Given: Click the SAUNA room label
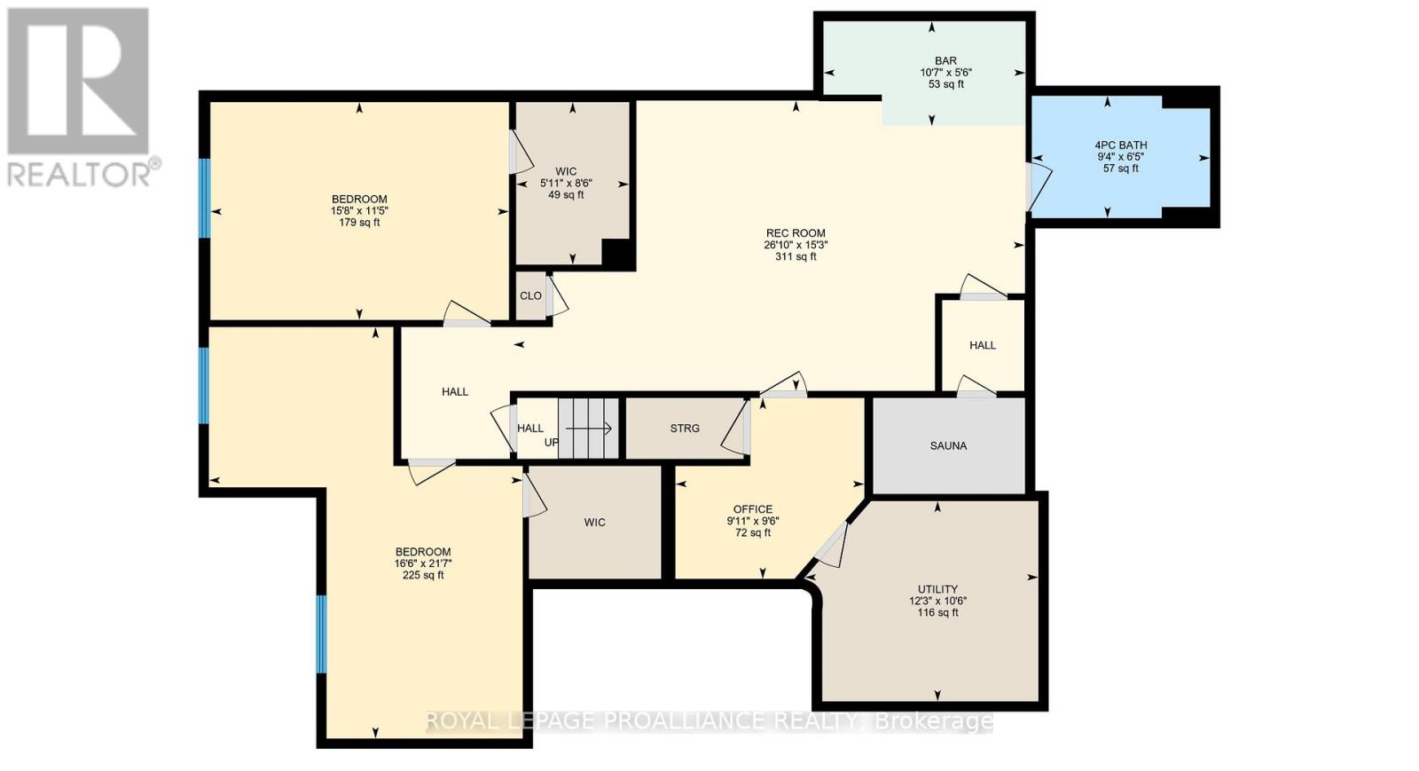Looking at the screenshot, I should (x=948, y=445).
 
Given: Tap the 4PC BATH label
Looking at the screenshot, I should (x=1121, y=145).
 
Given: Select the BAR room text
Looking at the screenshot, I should (x=945, y=61).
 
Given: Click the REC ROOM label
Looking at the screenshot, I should (x=795, y=233).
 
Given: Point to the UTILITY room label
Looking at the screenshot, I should (x=937, y=589).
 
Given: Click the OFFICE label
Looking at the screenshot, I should (x=752, y=509).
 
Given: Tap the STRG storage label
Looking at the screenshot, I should (x=685, y=428).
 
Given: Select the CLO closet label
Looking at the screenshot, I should (x=530, y=296).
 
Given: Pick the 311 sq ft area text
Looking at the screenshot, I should (x=795, y=257).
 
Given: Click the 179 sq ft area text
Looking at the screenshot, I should (x=359, y=223).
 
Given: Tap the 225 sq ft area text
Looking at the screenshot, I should (x=423, y=575).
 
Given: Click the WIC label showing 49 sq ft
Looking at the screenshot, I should (x=566, y=171).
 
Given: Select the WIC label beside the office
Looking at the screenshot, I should (x=594, y=523).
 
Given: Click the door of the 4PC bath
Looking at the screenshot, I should (x=1039, y=187).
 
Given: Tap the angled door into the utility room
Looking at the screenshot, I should (x=832, y=544).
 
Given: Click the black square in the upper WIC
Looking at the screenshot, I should (x=617, y=255).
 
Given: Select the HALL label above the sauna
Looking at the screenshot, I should (x=982, y=345).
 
